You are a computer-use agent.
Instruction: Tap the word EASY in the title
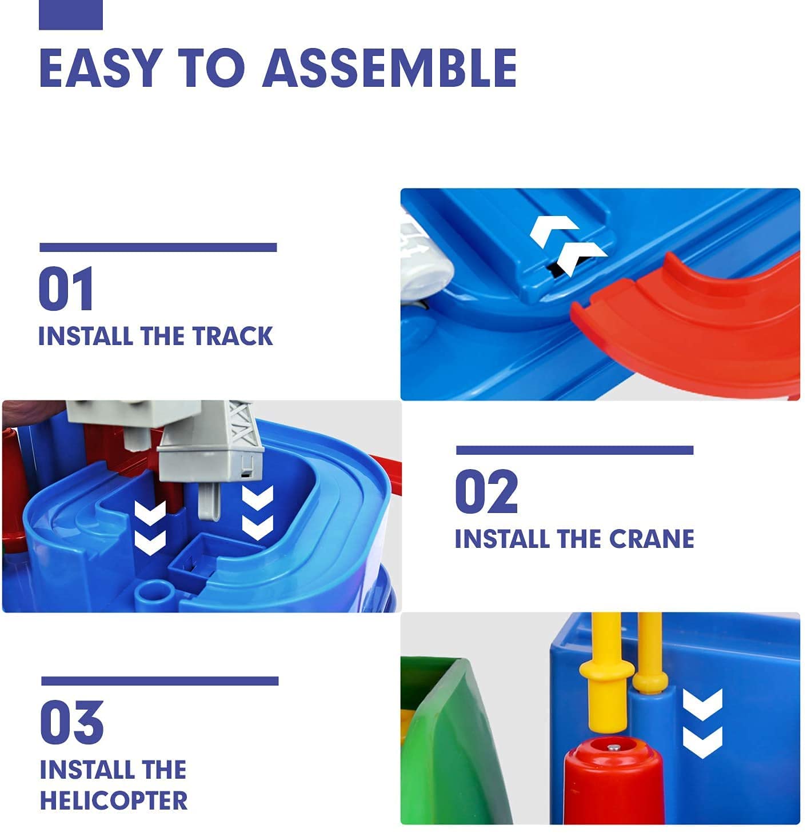pyautogui.click(x=97, y=68)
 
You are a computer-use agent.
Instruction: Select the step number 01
pyautogui.click(x=66, y=289)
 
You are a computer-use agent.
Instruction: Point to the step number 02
pyautogui.click(x=486, y=491)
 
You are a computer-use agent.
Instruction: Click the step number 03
pyautogui.click(x=71, y=722)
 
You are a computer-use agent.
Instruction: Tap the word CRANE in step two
pyautogui.click(x=651, y=539)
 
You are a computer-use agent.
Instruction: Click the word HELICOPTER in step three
pyautogui.click(x=114, y=800)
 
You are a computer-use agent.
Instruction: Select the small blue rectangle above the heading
pyautogui.click(x=70, y=15)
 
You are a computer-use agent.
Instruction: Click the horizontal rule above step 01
pyautogui.click(x=158, y=247)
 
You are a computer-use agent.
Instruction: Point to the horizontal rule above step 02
pyautogui.click(x=574, y=450)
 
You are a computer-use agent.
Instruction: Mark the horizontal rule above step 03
pyautogui.click(x=159, y=681)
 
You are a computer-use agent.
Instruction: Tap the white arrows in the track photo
pyautogui.click(x=566, y=242)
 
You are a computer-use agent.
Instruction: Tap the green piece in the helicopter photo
pyautogui.click(x=452, y=743)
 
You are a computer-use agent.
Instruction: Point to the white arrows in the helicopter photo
pyautogui.click(x=702, y=723)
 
